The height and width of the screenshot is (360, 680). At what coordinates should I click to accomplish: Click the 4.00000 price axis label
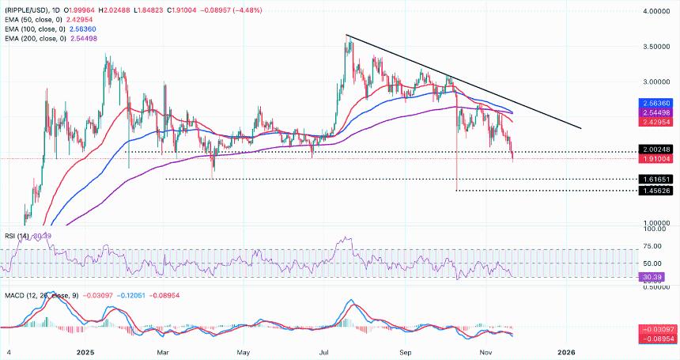[657, 13]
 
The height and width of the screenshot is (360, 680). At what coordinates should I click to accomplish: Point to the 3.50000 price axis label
[657, 47]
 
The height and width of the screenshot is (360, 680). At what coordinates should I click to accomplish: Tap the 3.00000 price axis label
[657, 81]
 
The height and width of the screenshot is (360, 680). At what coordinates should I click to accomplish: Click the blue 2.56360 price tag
[657, 104]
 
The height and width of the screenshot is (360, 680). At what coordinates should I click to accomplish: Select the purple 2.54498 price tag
[657, 113]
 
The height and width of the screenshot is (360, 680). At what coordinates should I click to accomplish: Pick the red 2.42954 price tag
[657, 123]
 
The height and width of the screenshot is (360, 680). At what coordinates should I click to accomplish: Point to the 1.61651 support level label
[657, 180]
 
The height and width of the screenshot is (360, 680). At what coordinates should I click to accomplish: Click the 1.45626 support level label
[657, 191]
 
